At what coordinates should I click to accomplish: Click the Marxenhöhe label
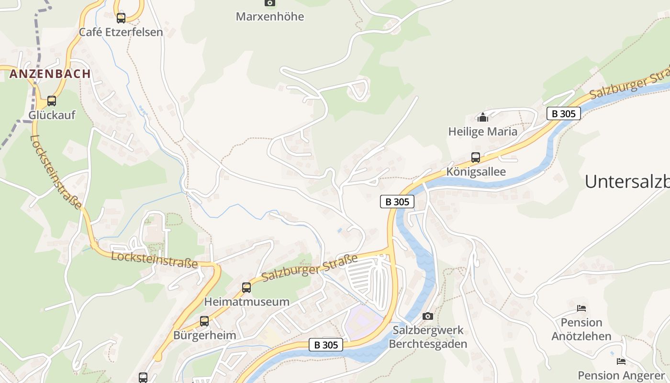tap(270, 17)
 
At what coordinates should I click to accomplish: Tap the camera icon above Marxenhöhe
tap(270, 3)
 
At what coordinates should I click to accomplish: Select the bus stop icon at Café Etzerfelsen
tap(121, 18)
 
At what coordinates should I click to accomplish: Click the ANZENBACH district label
tap(50, 74)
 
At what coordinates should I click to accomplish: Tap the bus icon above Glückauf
tap(52, 101)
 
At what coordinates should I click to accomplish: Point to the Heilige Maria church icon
tap(482, 117)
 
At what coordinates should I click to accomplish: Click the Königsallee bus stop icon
tap(476, 158)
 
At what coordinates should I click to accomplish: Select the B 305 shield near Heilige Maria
tap(564, 113)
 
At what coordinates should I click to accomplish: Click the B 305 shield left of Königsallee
tap(397, 202)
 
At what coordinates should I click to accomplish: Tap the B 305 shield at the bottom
tap(326, 345)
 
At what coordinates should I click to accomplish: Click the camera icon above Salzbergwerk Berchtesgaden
tap(428, 316)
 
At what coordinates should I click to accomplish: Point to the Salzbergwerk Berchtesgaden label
tap(428, 337)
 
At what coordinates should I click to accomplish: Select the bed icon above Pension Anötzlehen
tap(581, 308)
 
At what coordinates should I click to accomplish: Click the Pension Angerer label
tap(621, 375)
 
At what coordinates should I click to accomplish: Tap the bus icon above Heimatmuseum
tap(246, 288)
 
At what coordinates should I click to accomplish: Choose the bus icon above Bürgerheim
tap(204, 321)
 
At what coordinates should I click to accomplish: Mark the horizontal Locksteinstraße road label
tap(154, 259)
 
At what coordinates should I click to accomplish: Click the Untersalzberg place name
tap(627, 181)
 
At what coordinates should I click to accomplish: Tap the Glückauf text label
tap(52, 115)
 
